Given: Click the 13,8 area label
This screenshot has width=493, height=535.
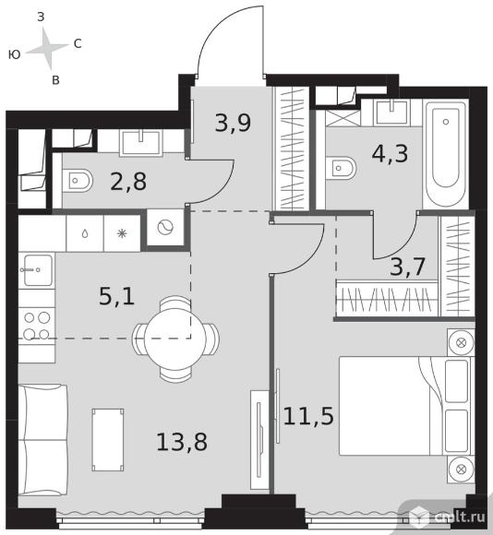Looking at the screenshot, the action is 182,442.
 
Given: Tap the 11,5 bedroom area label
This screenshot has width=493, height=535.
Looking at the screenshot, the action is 308,416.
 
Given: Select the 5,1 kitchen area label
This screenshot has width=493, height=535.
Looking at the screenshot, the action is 116,296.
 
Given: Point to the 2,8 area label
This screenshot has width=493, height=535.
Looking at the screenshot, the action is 128,182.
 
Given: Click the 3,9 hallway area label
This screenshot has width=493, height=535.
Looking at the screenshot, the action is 233,123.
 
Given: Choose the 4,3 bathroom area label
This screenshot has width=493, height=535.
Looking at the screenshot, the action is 390,154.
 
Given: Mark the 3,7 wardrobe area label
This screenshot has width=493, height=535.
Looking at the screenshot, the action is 407,267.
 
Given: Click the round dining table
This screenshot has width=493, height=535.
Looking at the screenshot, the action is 175,339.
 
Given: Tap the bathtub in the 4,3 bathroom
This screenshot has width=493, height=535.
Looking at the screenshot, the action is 446,154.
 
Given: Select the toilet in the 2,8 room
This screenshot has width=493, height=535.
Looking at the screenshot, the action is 78,180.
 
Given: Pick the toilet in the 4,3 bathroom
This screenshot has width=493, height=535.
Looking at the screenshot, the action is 341,168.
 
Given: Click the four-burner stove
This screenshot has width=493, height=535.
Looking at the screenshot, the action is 37,327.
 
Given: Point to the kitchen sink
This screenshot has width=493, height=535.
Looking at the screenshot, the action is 37,270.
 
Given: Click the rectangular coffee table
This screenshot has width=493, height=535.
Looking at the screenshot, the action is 108,440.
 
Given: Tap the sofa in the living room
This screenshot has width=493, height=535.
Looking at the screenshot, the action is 43,439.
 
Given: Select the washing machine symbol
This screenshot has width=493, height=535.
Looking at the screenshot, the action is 165,227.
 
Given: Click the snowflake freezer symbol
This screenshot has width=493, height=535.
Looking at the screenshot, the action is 122,233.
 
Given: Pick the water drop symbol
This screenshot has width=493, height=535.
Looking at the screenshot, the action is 85,233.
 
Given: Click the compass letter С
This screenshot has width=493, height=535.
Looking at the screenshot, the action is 78,43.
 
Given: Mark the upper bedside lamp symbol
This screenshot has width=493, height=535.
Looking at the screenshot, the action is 461,342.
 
